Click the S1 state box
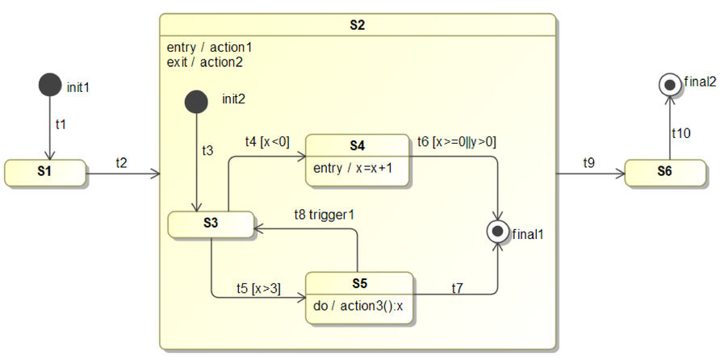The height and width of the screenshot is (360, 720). point(44,173)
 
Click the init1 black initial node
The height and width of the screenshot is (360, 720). point(50,84)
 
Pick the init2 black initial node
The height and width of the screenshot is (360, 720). point(195,102)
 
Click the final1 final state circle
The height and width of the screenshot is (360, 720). point(497,232)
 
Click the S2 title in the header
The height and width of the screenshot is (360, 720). point(358,25)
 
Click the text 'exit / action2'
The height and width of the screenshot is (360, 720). point(204,61)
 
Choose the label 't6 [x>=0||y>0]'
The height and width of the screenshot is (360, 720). point(456,142)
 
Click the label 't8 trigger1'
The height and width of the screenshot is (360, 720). point(324,215)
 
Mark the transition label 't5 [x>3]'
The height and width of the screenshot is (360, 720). point(258,287)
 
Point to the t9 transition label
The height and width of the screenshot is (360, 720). point(590,163)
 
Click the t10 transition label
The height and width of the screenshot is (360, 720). point(681,133)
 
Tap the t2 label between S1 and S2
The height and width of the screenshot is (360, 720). point(121,163)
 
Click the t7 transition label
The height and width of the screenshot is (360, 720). point(458,287)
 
